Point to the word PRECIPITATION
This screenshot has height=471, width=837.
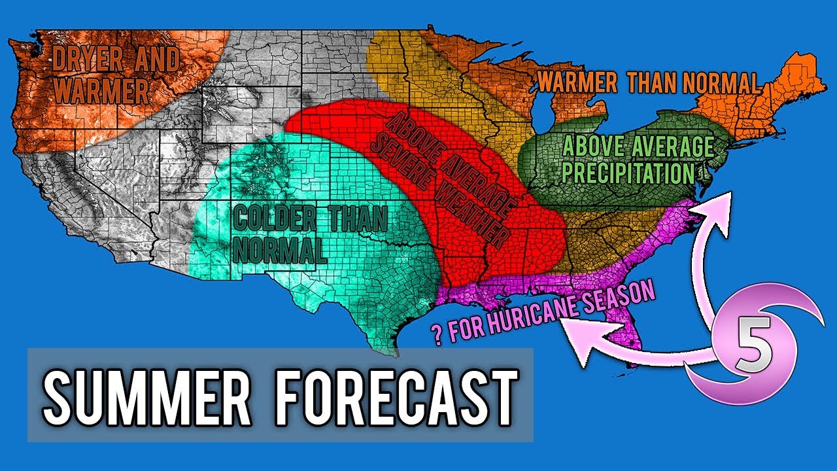(628, 174)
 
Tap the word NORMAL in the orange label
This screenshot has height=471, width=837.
(723, 83)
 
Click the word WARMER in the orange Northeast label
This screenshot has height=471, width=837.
(576, 83)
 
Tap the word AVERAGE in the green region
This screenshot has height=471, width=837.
(674, 146)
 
